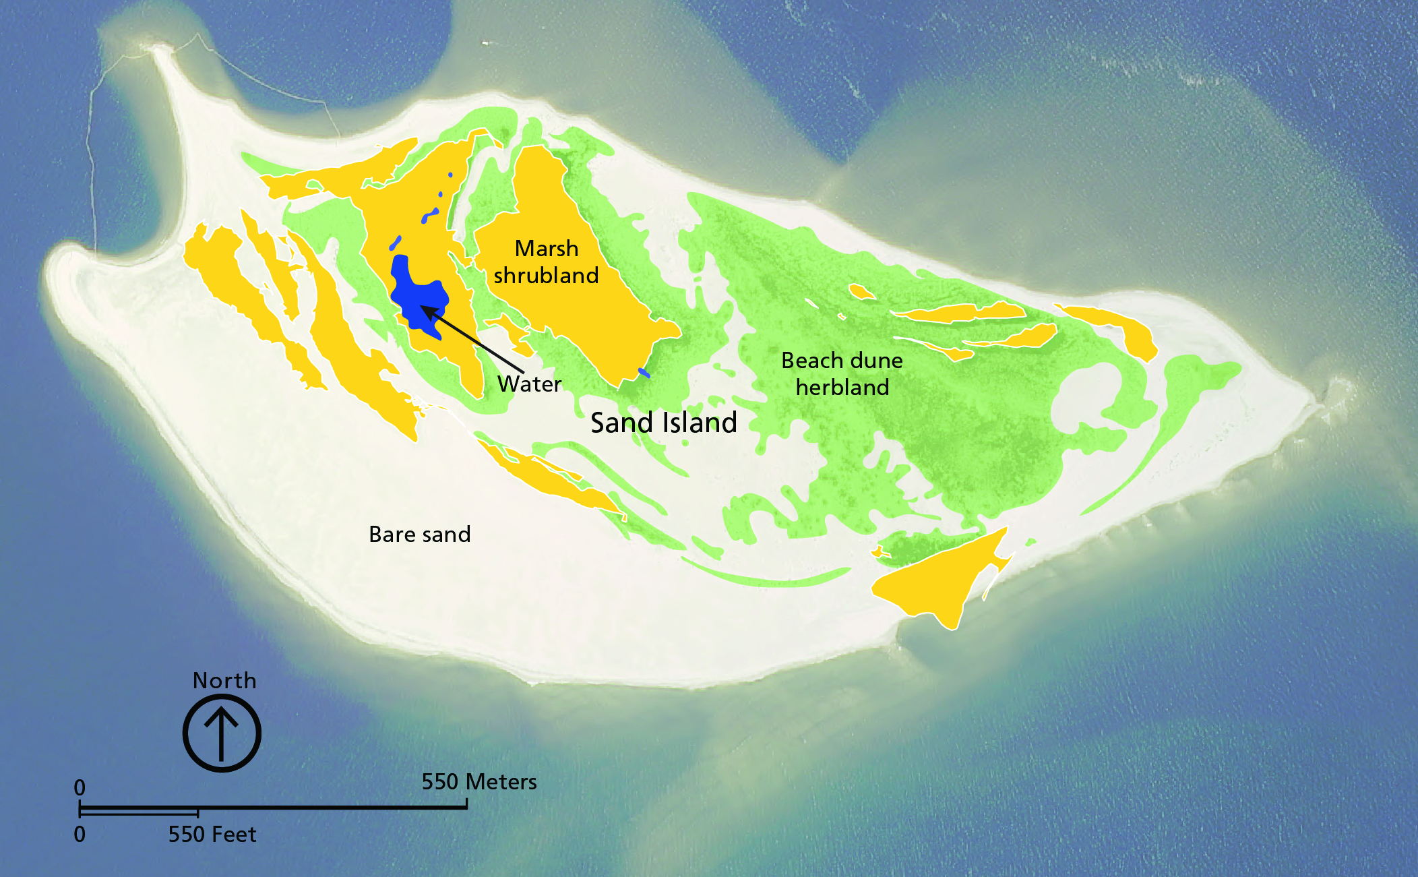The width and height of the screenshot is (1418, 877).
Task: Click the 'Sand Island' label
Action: [x=663, y=423]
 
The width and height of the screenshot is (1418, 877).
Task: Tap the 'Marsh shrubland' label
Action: [x=546, y=262]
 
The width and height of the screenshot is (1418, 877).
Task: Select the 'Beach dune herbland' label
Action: [x=842, y=373]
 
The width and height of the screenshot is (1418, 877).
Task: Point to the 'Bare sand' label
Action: [x=419, y=535]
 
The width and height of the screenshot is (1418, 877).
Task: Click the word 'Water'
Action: [x=529, y=384]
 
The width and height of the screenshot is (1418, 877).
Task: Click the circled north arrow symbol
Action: [x=222, y=733]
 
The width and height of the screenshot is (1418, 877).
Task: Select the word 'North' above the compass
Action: [x=224, y=681]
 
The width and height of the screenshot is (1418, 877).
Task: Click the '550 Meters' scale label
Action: [x=479, y=782]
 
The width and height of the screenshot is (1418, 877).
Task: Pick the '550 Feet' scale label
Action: [x=212, y=835]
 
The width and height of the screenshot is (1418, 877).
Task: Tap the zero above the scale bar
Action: [x=80, y=787]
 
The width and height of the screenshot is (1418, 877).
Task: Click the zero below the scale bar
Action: [x=80, y=835]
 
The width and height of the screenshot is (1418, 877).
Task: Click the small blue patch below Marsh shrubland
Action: [x=644, y=372]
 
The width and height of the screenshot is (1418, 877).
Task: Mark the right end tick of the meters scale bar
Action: [x=466, y=804]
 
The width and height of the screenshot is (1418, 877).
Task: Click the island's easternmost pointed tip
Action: [x=1318, y=403]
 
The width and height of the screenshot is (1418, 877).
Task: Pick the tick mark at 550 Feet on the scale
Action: [x=197, y=812]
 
